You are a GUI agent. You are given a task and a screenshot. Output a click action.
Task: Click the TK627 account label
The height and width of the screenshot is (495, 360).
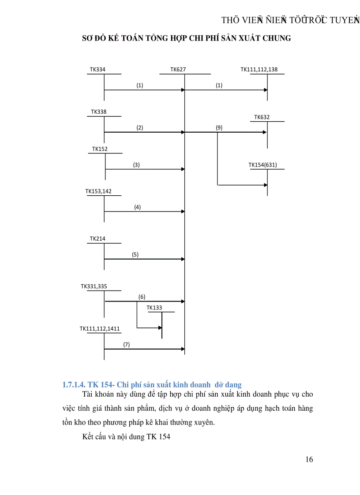[178, 70]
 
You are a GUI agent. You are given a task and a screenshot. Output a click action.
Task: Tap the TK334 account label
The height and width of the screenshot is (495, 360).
[97, 70]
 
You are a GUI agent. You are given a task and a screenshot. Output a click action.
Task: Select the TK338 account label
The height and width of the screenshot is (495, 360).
[99, 112]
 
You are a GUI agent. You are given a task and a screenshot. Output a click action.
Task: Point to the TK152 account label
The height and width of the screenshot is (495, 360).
[100, 149]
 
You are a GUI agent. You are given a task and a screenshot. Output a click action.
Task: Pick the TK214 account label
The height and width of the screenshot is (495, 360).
[97, 239]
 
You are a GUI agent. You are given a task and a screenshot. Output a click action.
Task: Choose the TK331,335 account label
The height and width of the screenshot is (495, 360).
[94, 287]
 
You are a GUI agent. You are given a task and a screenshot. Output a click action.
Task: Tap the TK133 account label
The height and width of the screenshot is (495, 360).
[154, 308]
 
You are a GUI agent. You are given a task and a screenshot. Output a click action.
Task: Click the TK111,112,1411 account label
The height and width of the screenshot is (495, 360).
[100, 329]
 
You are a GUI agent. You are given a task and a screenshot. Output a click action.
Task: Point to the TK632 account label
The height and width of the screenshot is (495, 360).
[262, 117]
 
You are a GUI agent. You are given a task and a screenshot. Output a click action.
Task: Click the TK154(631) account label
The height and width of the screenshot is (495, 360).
[263, 165]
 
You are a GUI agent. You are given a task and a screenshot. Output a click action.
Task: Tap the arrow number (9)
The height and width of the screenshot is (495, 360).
[219, 128]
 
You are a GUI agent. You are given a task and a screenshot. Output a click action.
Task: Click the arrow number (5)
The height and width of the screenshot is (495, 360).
[135, 255]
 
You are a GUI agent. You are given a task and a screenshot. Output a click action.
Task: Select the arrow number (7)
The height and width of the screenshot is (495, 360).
[127, 345]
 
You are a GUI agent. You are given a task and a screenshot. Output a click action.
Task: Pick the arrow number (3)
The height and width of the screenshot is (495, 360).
[136, 165]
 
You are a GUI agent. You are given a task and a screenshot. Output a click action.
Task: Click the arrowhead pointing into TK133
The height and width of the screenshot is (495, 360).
[160, 328]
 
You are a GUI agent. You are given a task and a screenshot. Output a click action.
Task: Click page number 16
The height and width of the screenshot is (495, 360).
[309, 460]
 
